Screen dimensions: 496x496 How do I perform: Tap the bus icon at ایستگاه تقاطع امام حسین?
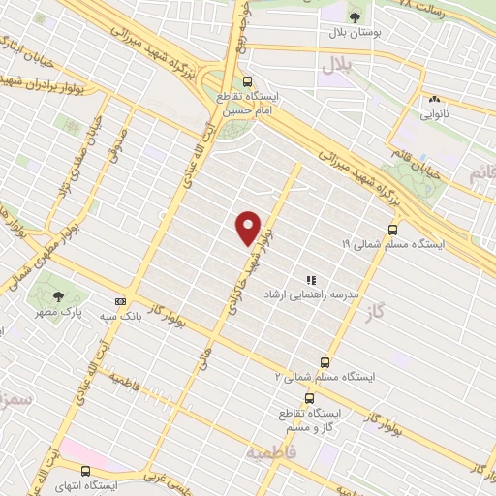click(x=248, y=82)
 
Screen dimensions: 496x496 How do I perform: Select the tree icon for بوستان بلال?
click(x=354, y=15)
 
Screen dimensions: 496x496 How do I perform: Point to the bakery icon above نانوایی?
click(x=433, y=98)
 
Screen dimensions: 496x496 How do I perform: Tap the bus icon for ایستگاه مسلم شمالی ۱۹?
click(x=392, y=231)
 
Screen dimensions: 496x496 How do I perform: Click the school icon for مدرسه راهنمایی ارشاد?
click(x=311, y=279)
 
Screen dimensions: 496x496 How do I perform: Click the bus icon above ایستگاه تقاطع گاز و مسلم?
click(x=309, y=397)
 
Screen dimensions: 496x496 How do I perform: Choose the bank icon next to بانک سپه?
click(x=120, y=301)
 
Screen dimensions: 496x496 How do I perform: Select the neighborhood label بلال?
click(x=333, y=65)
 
